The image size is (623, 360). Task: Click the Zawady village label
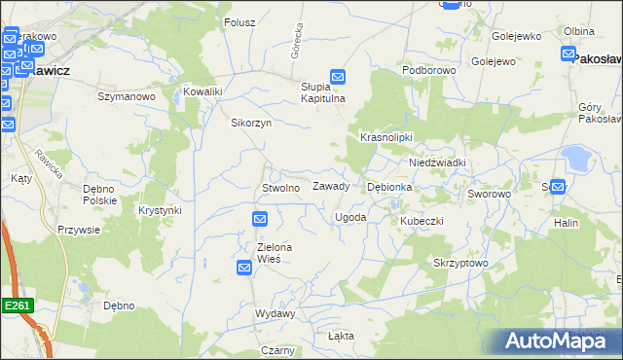(331, 186)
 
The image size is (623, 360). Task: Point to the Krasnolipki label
(387, 138)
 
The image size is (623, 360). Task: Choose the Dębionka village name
(389, 186)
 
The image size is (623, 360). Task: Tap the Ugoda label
(350, 217)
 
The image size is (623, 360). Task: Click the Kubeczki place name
(421, 221)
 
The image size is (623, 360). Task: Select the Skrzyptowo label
(460, 264)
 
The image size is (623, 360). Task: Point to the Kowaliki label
(203, 92)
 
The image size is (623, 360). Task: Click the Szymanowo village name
(127, 97)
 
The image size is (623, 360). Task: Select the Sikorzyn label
(250, 124)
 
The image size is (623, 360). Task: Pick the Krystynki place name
(161, 210)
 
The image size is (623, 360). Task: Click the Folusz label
(239, 22)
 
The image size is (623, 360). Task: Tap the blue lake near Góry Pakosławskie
(577, 159)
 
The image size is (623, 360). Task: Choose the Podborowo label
(429, 71)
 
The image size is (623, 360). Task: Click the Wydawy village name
(275, 314)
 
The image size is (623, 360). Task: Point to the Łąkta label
(341, 336)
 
